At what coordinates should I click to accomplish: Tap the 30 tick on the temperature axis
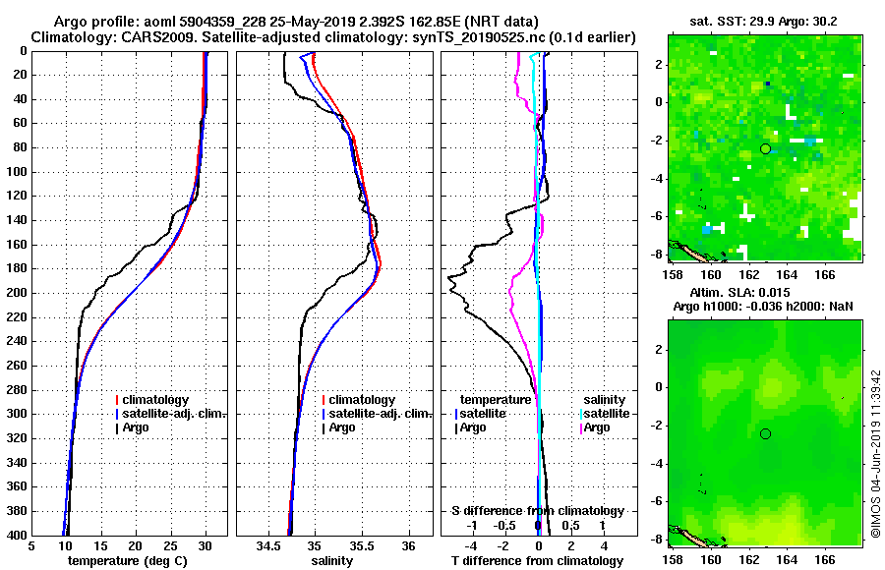[x=206, y=546]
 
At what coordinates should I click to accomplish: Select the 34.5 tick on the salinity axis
[x=268, y=546]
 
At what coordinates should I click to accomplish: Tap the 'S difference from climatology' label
[x=538, y=511]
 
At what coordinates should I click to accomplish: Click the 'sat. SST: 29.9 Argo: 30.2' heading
[x=764, y=21]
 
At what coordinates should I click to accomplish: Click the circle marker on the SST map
[x=765, y=148]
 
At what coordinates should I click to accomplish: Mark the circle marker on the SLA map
[x=765, y=433]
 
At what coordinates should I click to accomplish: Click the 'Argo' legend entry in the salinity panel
[x=342, y=427]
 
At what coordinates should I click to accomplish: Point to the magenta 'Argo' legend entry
[x=599, y=427]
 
